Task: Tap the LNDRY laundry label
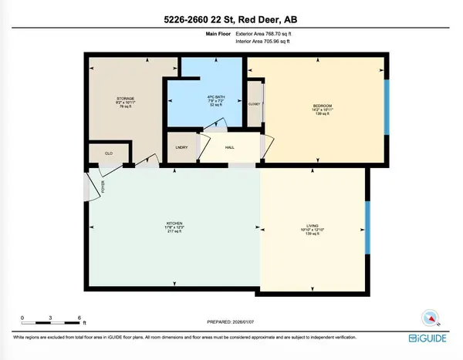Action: pyautogui.click(x=182, y=147)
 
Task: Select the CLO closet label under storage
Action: pyautogui.click(x=109, y=153)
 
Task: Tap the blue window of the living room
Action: pyautogui.click(x=367, y=230)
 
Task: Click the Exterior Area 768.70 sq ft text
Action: pyautogui.click(x=263, y=35)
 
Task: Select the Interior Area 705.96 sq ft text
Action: pyautogui.click(x=263, y=42)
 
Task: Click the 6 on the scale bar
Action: pyautogui.click(x=79, y=317)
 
